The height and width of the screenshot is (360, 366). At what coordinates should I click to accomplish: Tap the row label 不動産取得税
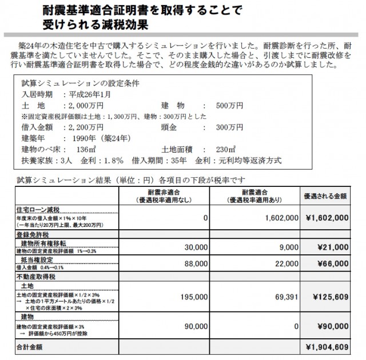(34, 276)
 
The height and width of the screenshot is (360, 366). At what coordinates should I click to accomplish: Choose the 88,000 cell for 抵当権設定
(196, 264)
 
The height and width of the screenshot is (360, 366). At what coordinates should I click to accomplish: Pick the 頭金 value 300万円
(228, 126)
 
